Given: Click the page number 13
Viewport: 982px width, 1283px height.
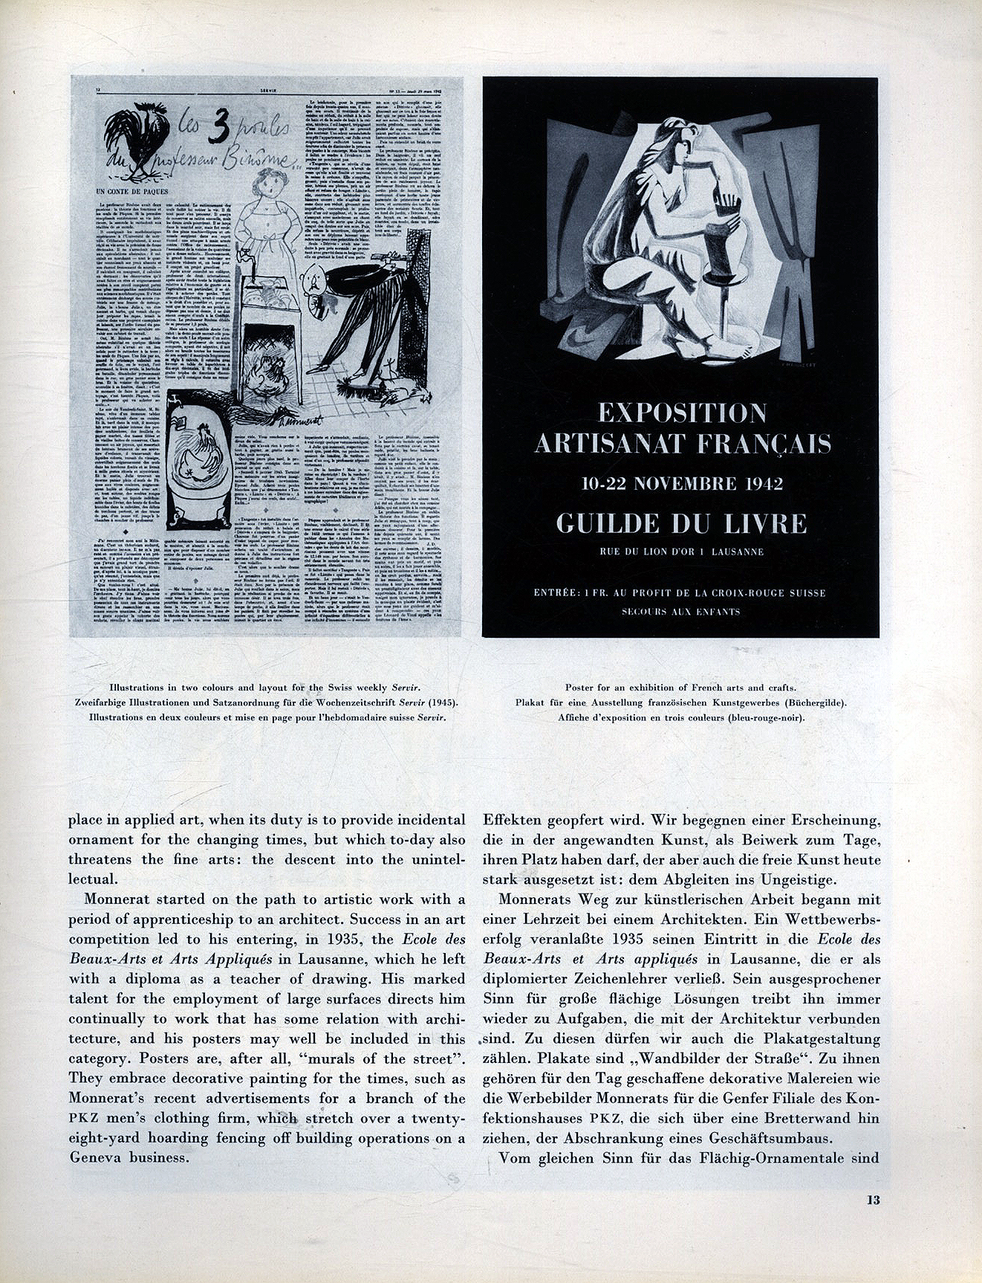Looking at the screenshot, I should [872, 1221].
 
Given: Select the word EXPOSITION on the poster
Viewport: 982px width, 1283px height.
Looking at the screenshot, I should [682, 413].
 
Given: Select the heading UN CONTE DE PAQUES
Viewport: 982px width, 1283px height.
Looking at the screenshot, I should [132, 192].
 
